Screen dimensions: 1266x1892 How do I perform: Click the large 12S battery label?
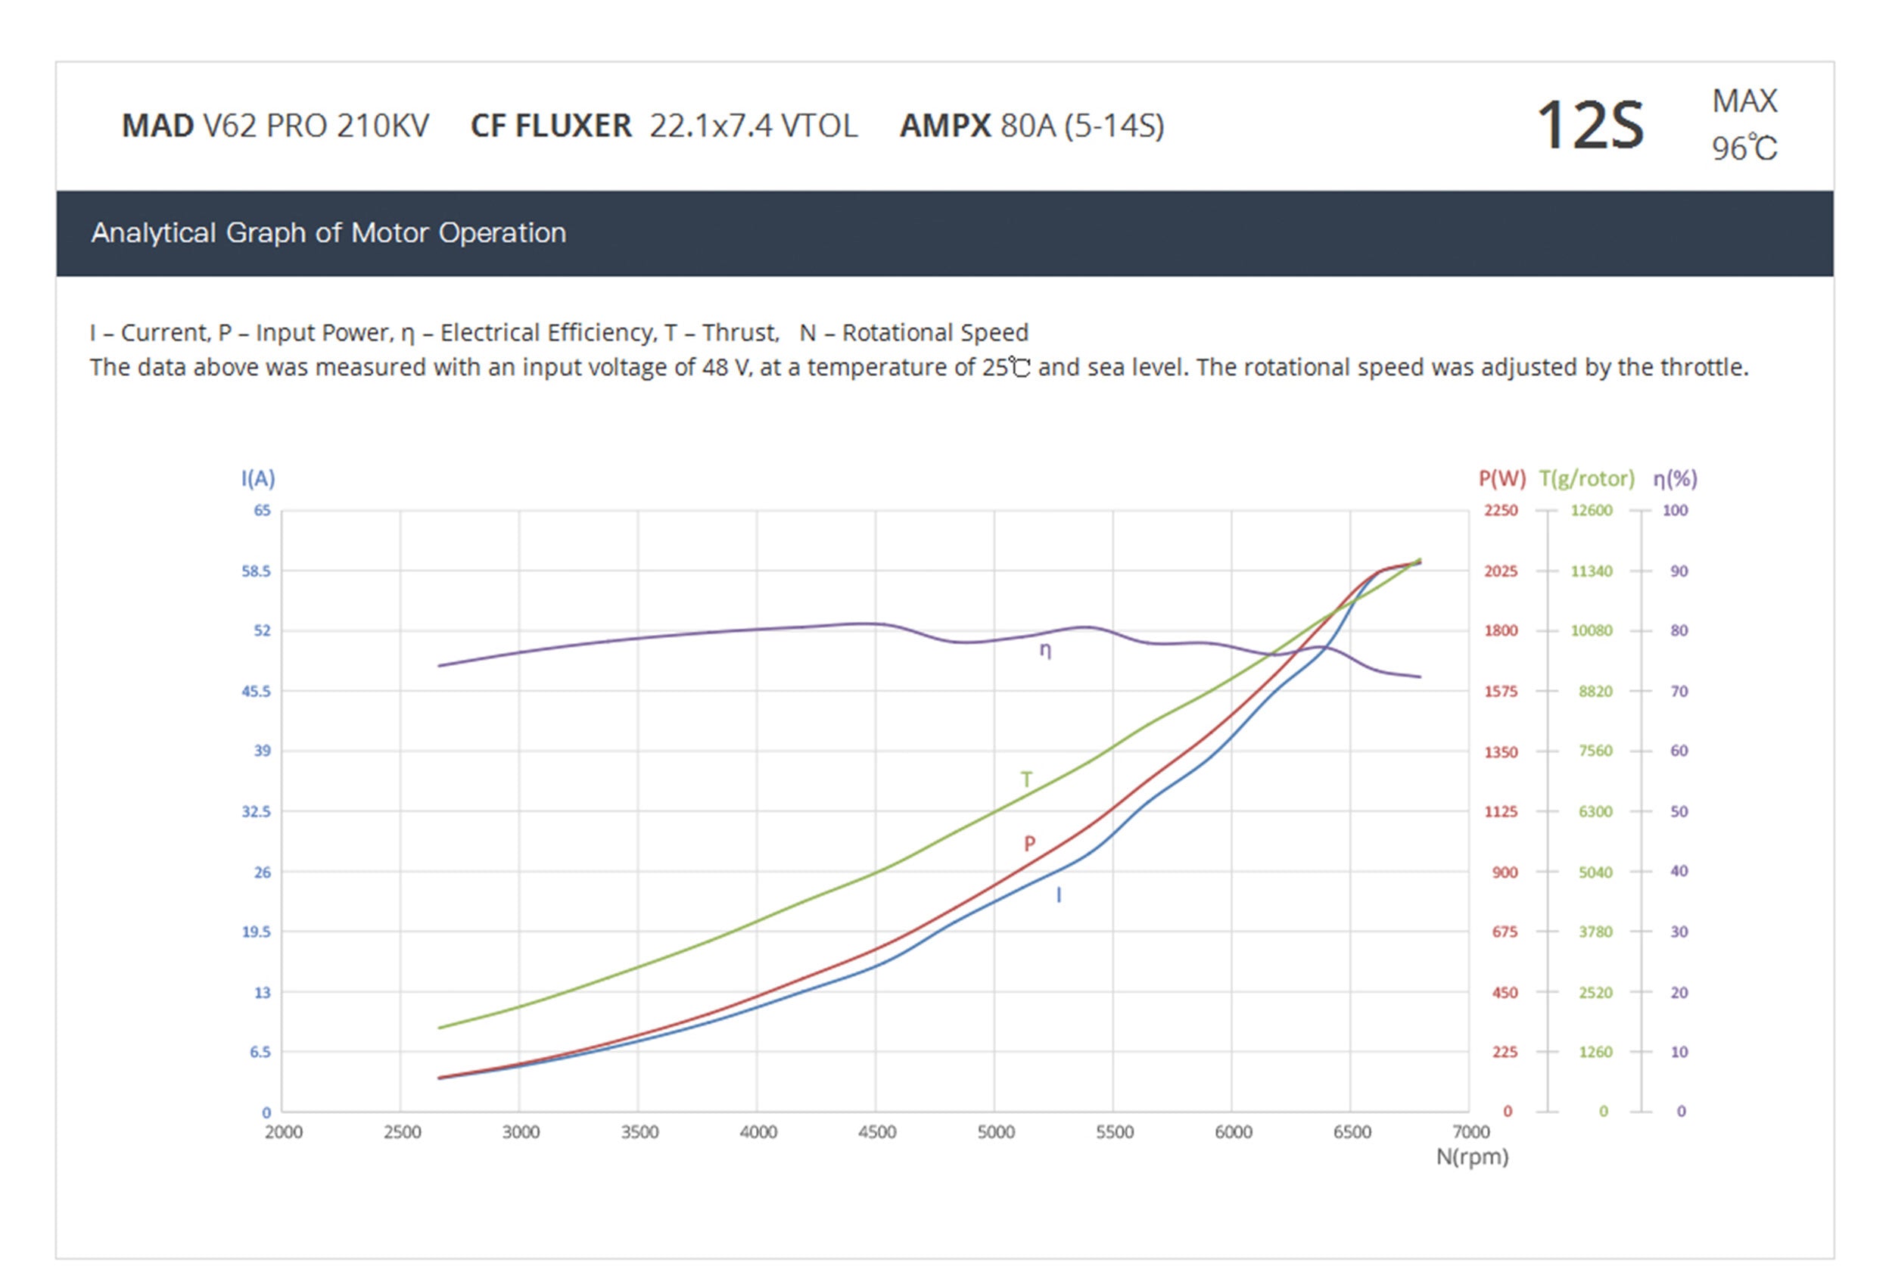pos(1589,126)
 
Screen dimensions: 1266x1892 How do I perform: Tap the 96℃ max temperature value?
pos(1744,149)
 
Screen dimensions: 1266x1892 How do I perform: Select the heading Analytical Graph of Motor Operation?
pos(328,232)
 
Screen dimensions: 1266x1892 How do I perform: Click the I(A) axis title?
pos(257,479)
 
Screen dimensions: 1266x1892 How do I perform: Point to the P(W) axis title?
pos(1501,479)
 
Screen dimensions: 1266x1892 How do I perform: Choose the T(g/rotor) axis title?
pos(1586,479)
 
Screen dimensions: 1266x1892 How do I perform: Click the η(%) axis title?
pos(1675,479)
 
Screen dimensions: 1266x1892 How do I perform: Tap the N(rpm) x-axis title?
pos(1471,1156)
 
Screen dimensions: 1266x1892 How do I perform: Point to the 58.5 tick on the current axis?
pos(256,571)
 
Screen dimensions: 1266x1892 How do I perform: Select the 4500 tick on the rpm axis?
pos(877,1132)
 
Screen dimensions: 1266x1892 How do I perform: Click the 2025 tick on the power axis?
pos(1501,571)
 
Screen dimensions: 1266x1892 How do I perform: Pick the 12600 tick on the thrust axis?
pos(1591,510)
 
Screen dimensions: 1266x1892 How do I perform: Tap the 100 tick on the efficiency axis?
pos(1675,510)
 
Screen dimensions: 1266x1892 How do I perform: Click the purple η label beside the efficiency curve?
pos(1045,649)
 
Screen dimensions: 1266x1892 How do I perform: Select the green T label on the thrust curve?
pos(1025,779)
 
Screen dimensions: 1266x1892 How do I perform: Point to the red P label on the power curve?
pos(1028,844)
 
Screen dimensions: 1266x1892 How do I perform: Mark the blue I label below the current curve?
pos(1059,894)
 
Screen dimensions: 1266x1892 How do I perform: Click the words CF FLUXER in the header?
pos(551,126)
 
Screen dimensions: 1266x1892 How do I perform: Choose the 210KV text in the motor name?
pos(383,126)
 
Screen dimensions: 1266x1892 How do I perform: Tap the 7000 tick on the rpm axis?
pos(1470,1132)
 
